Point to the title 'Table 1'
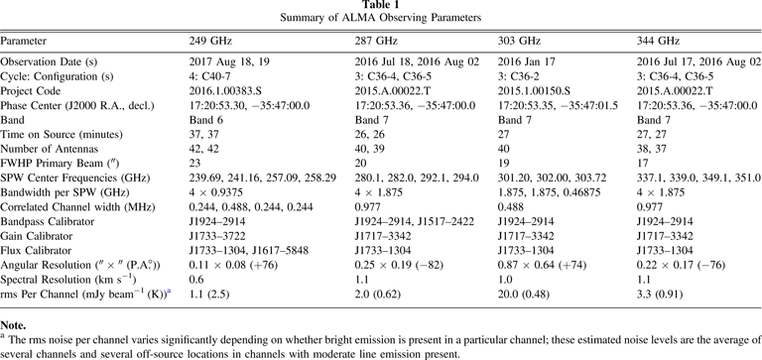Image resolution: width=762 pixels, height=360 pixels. [x=380, y=7]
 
